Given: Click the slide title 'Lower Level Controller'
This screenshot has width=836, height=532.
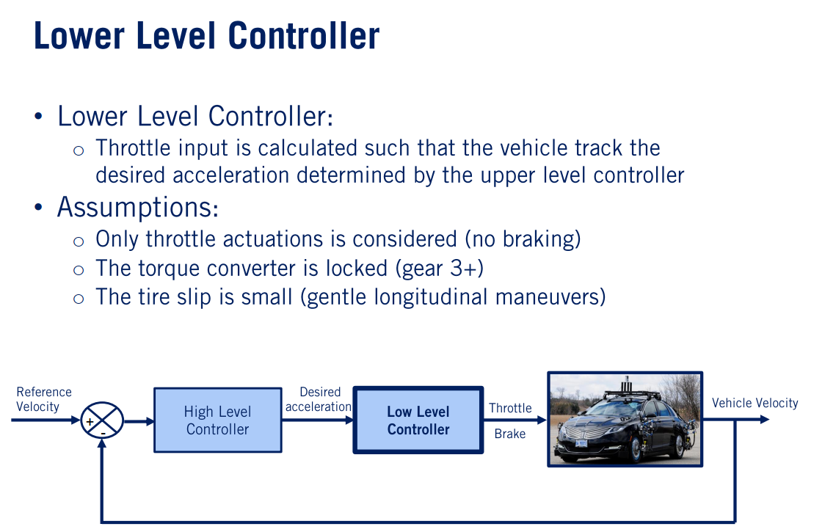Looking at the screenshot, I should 206,37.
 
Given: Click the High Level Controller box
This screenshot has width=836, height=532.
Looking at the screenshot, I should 217,420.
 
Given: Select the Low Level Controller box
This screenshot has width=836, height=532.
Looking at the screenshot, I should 418,420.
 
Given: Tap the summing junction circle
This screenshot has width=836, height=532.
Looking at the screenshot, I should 101,420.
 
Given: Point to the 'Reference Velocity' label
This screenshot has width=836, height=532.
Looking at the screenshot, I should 44,399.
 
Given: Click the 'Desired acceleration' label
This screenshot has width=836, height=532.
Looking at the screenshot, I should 319,399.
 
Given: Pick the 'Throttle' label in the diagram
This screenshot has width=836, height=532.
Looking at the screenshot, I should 510,408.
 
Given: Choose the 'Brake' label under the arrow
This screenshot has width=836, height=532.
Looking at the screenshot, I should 509,434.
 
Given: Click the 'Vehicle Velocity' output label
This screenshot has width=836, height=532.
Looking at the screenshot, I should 755,403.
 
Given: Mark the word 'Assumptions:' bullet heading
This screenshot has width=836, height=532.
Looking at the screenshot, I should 137,207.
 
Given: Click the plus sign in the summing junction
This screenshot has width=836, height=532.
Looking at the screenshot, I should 90,421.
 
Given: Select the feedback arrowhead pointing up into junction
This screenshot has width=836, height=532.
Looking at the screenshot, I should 101,445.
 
